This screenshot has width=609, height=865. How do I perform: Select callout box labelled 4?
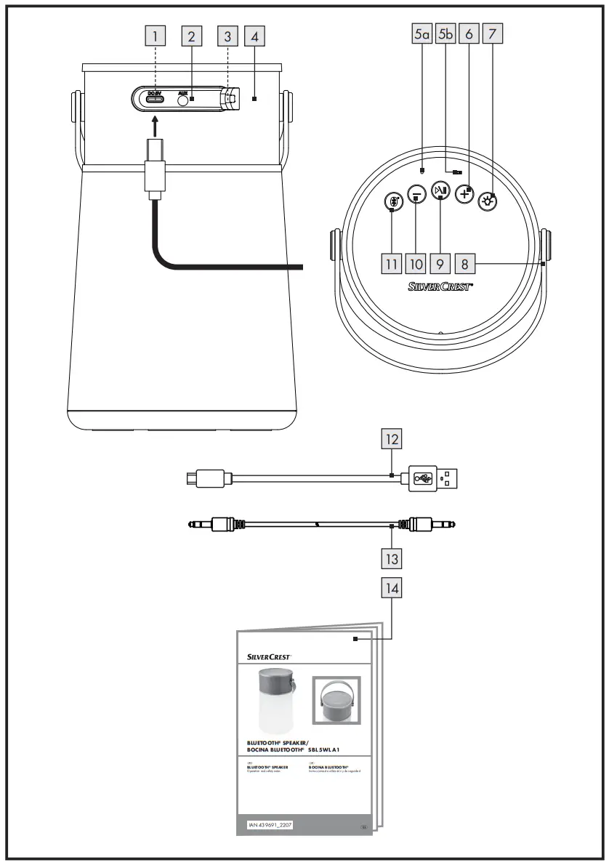[253, 35]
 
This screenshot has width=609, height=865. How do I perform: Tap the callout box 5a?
[422, 34]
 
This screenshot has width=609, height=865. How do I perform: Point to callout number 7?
[493, 34]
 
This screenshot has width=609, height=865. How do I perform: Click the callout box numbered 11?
[391, 261]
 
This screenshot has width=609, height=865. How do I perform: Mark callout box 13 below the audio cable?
[392, 558]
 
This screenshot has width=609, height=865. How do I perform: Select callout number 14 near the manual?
[392, 588]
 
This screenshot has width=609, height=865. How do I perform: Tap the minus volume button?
[416, 194]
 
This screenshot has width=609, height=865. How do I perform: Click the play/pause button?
[440, 190]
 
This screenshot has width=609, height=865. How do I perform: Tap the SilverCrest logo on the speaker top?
[440, 287]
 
